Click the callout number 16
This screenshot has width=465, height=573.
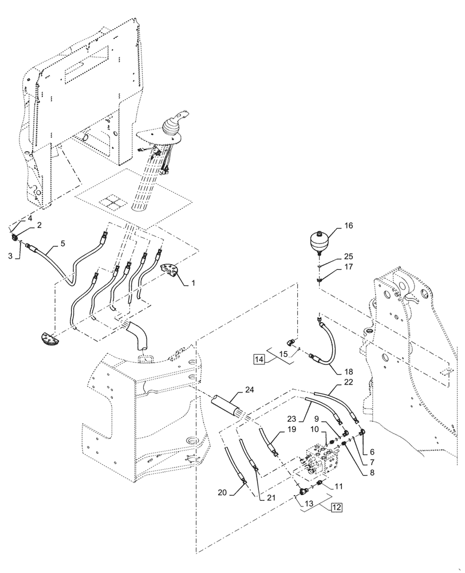[x=349, y=226]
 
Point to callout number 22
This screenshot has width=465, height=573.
[x=349, y=383]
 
